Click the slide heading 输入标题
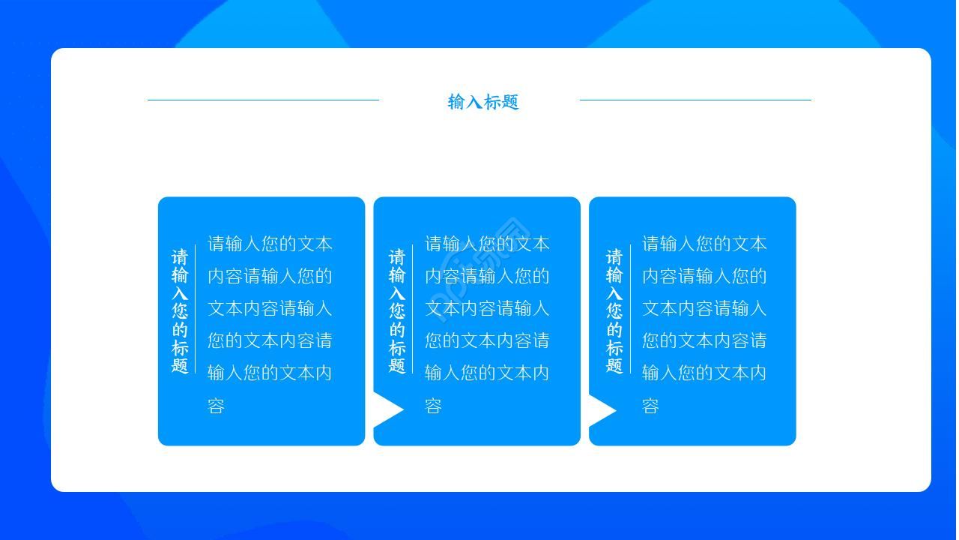point(482,102)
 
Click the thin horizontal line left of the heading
point(263,100)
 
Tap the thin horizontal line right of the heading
point(695,100)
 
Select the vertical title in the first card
point(180,311)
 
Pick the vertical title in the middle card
point(397,311)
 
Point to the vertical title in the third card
point(614,311)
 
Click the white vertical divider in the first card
point(196,309)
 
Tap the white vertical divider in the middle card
point(413,309)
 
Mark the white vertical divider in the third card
point(630,309)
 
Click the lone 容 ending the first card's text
point(217,406)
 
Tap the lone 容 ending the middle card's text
point(434,406)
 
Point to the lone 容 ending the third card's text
point(651,406)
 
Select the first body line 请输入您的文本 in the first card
point(270,244)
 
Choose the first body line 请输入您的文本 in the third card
point(704,244)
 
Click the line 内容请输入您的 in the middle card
point(487,276)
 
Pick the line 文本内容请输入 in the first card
point(270,308)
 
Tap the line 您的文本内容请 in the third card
point(704,340)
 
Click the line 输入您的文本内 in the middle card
point(487,373)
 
